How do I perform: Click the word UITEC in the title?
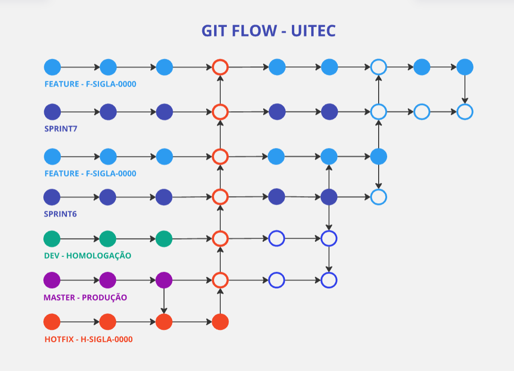tap(313, 31)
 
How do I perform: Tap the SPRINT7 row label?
tap(60, 129)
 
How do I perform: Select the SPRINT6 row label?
tap(60, 214)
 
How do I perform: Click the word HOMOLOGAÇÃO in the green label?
tap(99, 256)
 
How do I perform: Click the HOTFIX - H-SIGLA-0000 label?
tap(89, 339)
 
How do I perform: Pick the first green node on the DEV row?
tap(52, 239)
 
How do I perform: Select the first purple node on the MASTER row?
tap(52, 280)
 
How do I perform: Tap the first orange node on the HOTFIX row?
tap(52, 322)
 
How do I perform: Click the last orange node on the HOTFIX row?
tap(220, 322)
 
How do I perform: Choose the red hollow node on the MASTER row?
tap(220, 280)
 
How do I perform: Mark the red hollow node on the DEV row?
tap(220, 239)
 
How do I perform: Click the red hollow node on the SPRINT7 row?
tap(220, 112)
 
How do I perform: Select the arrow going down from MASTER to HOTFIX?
tap(164, 301)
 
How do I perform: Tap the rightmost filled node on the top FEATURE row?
tap(465, 67)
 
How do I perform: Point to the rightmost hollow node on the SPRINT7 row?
tap(465, 112)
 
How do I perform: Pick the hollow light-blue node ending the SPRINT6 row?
tap(378, 197)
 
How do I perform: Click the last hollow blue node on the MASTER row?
tap(329, 280)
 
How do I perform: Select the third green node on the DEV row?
tap(164, 239)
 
